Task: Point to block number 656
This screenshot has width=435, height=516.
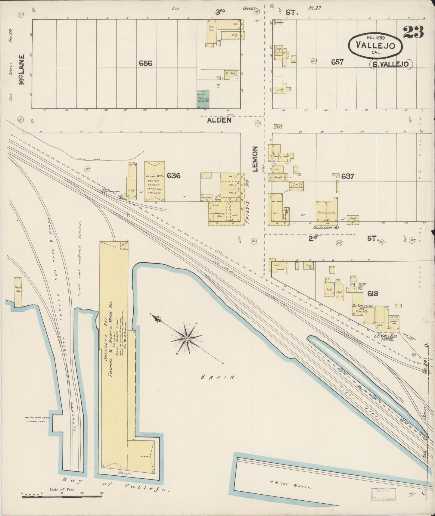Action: point(145,63)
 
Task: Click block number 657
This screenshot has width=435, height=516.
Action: point(337,62)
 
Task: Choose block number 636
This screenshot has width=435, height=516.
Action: point(173,175)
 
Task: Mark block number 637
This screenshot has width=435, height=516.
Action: point(347,176)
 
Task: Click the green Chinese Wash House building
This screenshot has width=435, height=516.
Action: point(203,99)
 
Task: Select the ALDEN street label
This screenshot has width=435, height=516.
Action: point(219,120)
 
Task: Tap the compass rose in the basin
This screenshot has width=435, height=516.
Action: point(187,339)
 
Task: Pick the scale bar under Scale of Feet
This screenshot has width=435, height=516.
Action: point(62,496)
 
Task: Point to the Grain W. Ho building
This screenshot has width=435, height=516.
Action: point(155,181)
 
